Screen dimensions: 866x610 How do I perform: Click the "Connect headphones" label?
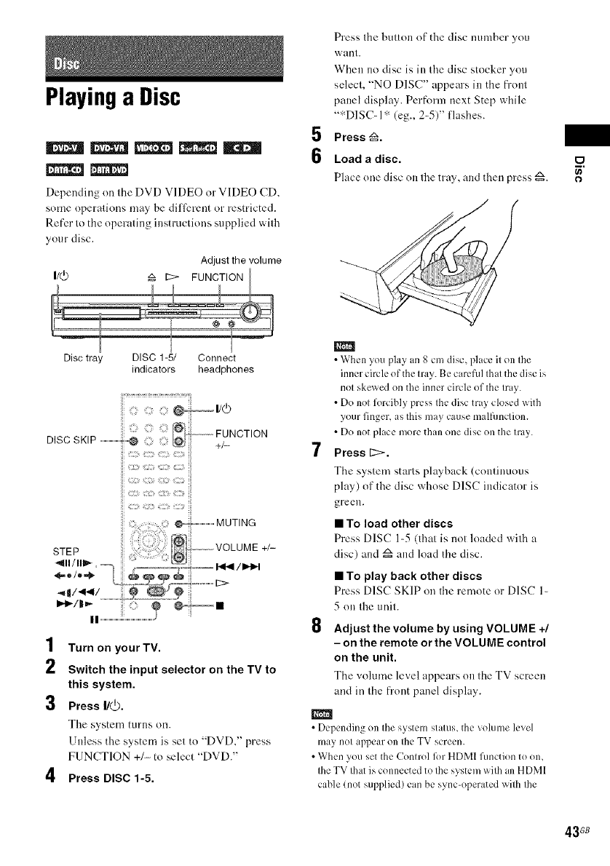(x=226, y=364)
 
